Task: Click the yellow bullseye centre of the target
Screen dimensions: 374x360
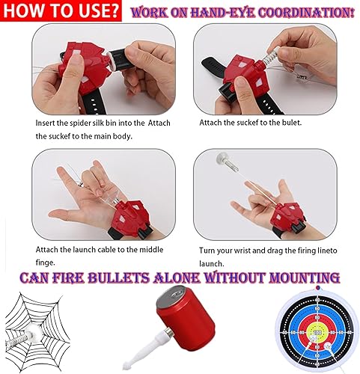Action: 317,331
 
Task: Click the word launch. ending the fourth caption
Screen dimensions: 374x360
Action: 213,264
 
